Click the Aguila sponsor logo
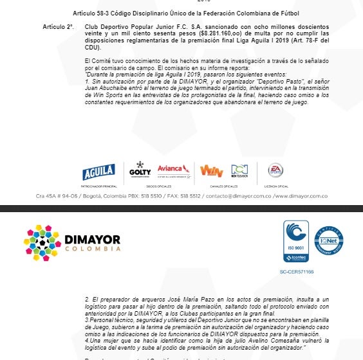coord(98,172)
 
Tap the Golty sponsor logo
coord(140,170)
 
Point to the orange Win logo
coord(210,171)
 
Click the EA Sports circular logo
coord(275,170)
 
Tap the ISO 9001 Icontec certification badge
coord(296,241)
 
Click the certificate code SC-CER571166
coord(297,272)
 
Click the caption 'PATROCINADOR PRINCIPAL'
coord(98,186)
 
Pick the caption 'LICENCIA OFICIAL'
coord(275,186)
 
